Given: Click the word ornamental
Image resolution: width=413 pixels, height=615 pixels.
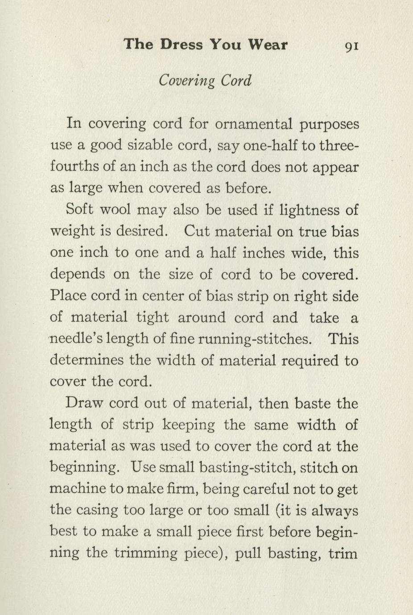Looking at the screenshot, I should (253, 123).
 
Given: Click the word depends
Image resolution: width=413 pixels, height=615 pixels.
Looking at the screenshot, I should (78, 275).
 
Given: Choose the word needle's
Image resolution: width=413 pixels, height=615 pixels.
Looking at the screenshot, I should (75, 340).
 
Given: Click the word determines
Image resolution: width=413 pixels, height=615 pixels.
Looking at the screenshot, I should (86, 360).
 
